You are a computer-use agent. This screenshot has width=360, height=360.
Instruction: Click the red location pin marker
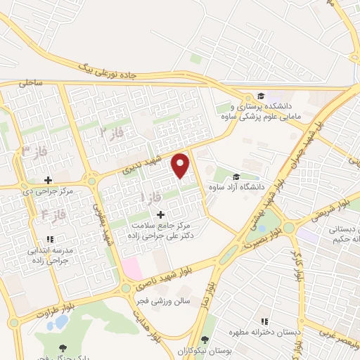coord(181,165)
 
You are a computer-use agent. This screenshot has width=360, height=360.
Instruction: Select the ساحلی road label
coord(32,83)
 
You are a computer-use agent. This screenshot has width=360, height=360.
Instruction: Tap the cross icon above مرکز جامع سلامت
coord(160,214)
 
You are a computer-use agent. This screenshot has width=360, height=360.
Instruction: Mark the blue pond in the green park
coord(61,323)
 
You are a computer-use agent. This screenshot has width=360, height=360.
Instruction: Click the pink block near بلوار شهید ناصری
coord(132,266)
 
